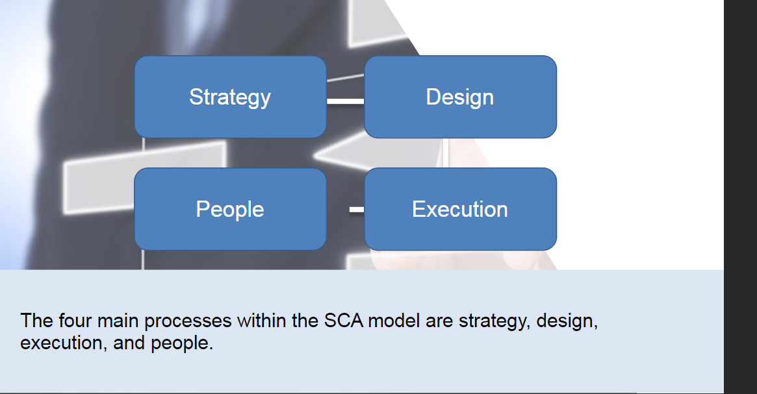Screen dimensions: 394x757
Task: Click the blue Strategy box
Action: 230,97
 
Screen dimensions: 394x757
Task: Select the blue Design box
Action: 460,97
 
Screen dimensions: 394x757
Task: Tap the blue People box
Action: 230,209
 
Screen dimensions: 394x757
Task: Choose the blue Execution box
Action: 460,209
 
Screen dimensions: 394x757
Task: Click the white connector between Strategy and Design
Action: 345,101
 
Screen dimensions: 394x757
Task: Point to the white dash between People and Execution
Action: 356,210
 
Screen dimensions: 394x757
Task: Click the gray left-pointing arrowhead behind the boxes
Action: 338,154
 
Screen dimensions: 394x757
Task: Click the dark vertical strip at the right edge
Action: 740,195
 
